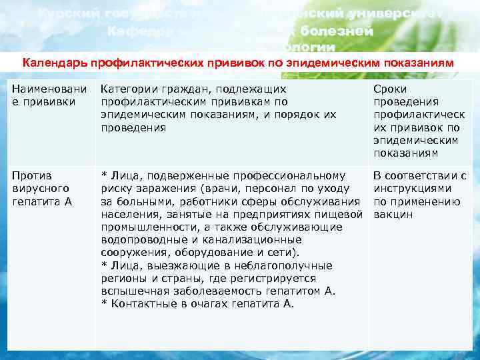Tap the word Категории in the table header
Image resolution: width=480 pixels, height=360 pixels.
click(x=127, y=89)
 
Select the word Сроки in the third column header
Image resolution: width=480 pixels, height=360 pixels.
click(x=390, y=89)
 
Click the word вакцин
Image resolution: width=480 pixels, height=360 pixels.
click(x=393, y=215)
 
